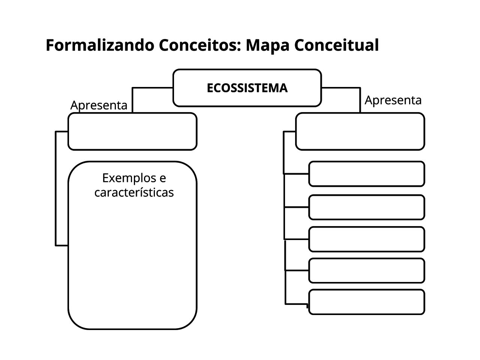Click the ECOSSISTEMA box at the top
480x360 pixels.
247,88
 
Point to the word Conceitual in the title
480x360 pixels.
336,45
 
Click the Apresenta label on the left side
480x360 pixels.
99,105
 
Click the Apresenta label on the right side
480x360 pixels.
393,100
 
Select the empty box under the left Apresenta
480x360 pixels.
132,131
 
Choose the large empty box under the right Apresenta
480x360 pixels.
360,131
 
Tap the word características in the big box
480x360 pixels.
134,192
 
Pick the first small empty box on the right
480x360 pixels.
366,174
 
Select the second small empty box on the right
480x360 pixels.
366,207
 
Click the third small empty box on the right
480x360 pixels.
366,239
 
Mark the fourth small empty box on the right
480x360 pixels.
366,270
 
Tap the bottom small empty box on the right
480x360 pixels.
366,302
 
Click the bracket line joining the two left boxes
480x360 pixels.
56,187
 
